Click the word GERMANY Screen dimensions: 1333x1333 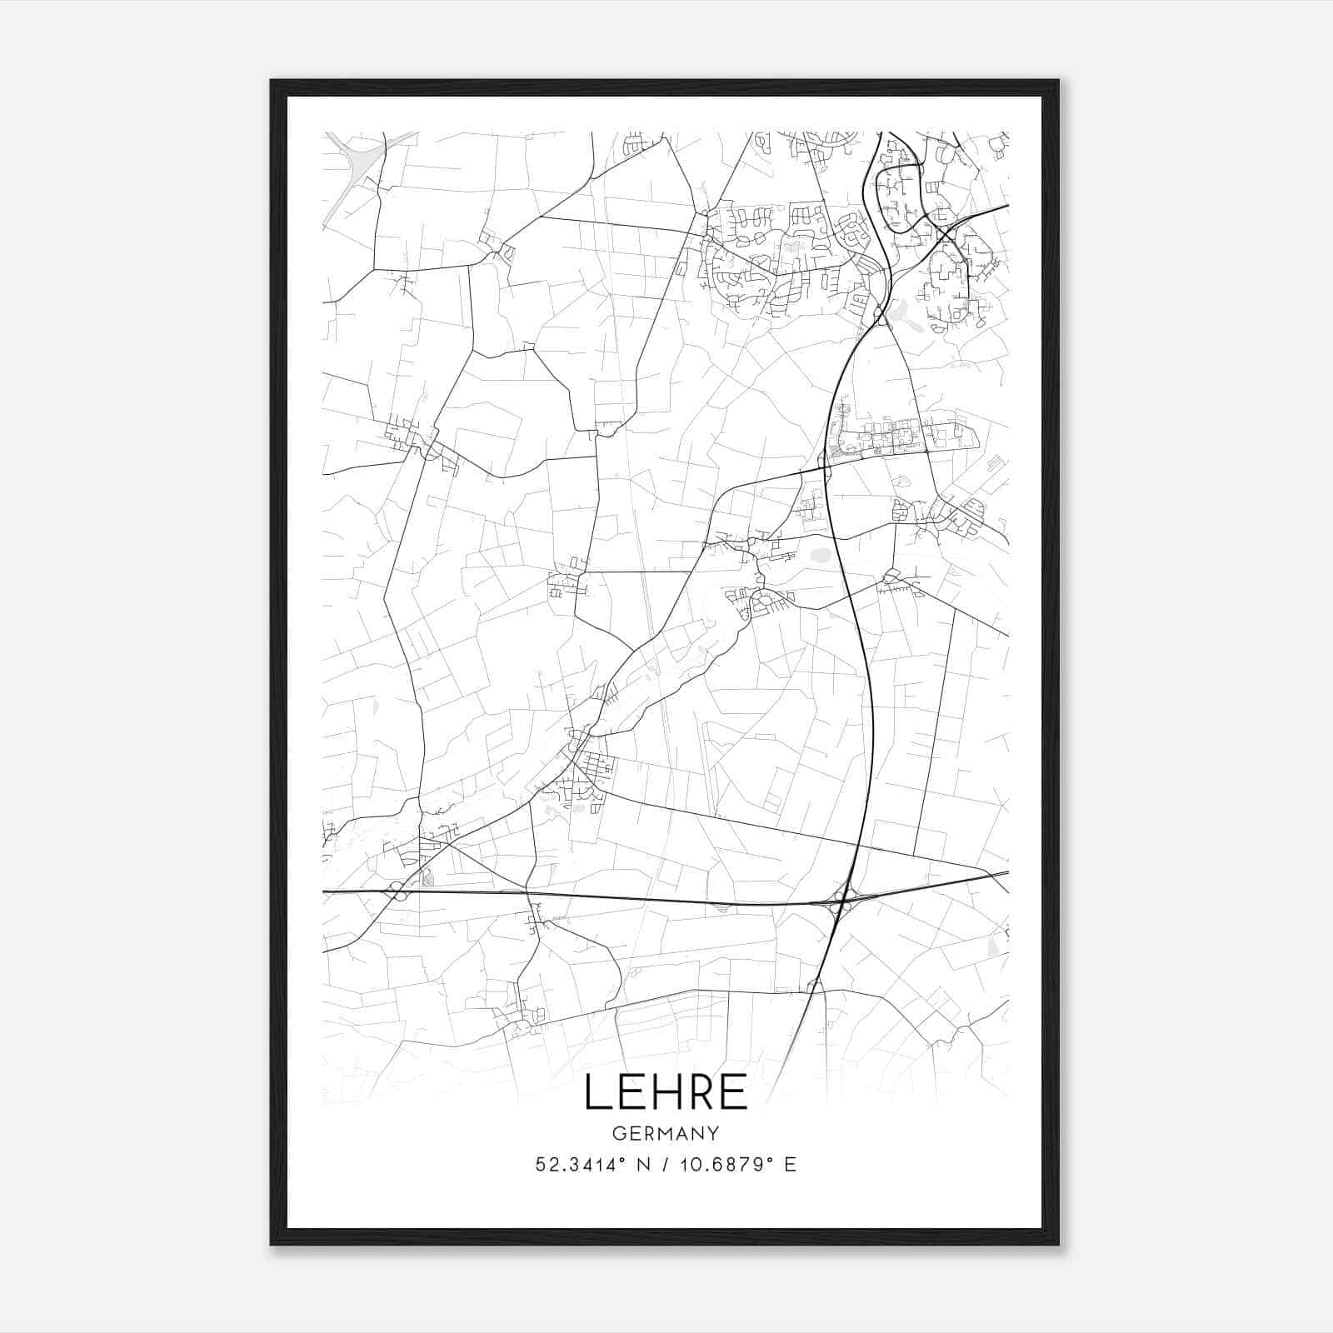[666, 1134]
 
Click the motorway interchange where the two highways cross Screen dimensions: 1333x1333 [842, 901]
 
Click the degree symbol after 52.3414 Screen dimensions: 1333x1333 [621, 1159]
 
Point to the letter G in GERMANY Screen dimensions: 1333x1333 [618, 1134]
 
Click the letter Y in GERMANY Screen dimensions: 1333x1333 [714, 1134]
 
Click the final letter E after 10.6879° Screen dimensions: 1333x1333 [791, 1165]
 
